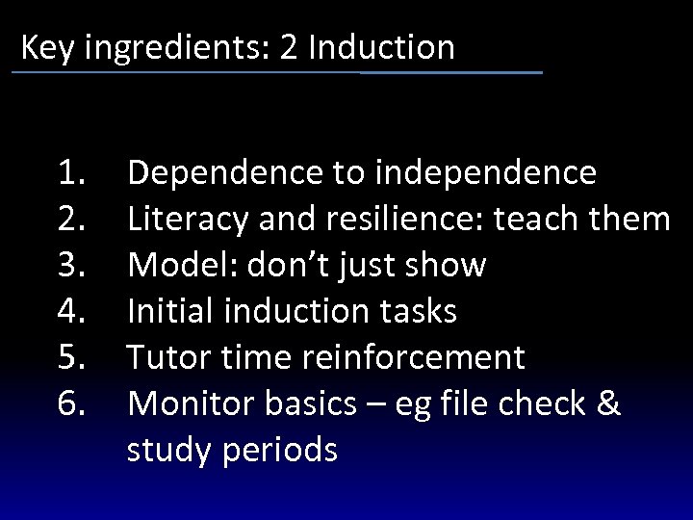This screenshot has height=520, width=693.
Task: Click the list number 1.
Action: tap(74, 173)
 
